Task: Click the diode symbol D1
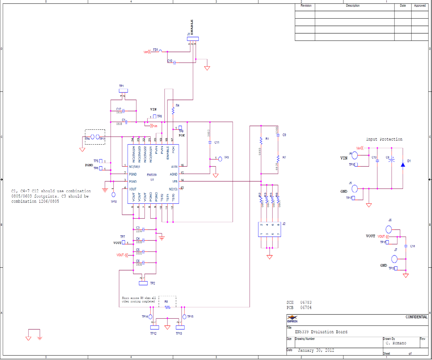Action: click(403, 164)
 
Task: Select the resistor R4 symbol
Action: click(173, 110)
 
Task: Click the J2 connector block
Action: click(270, 229)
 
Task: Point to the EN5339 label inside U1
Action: click(151, 175)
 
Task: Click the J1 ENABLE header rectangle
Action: click(193, 39)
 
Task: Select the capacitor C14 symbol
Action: click(406, 246)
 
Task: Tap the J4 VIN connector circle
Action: click(355, 155)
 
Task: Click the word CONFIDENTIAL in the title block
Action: click(416, 317)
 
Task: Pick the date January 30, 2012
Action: click(316, 350)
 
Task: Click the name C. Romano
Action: click(396, 343)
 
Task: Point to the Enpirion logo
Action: click(292, 319)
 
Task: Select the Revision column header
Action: click(305, 6)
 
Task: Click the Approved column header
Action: click(420, 6)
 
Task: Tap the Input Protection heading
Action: click(384, 139)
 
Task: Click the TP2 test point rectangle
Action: click(143, 283)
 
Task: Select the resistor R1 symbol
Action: click(261, 140)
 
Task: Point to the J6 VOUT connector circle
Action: click(389, 229)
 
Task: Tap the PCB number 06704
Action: click(306, 308)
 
